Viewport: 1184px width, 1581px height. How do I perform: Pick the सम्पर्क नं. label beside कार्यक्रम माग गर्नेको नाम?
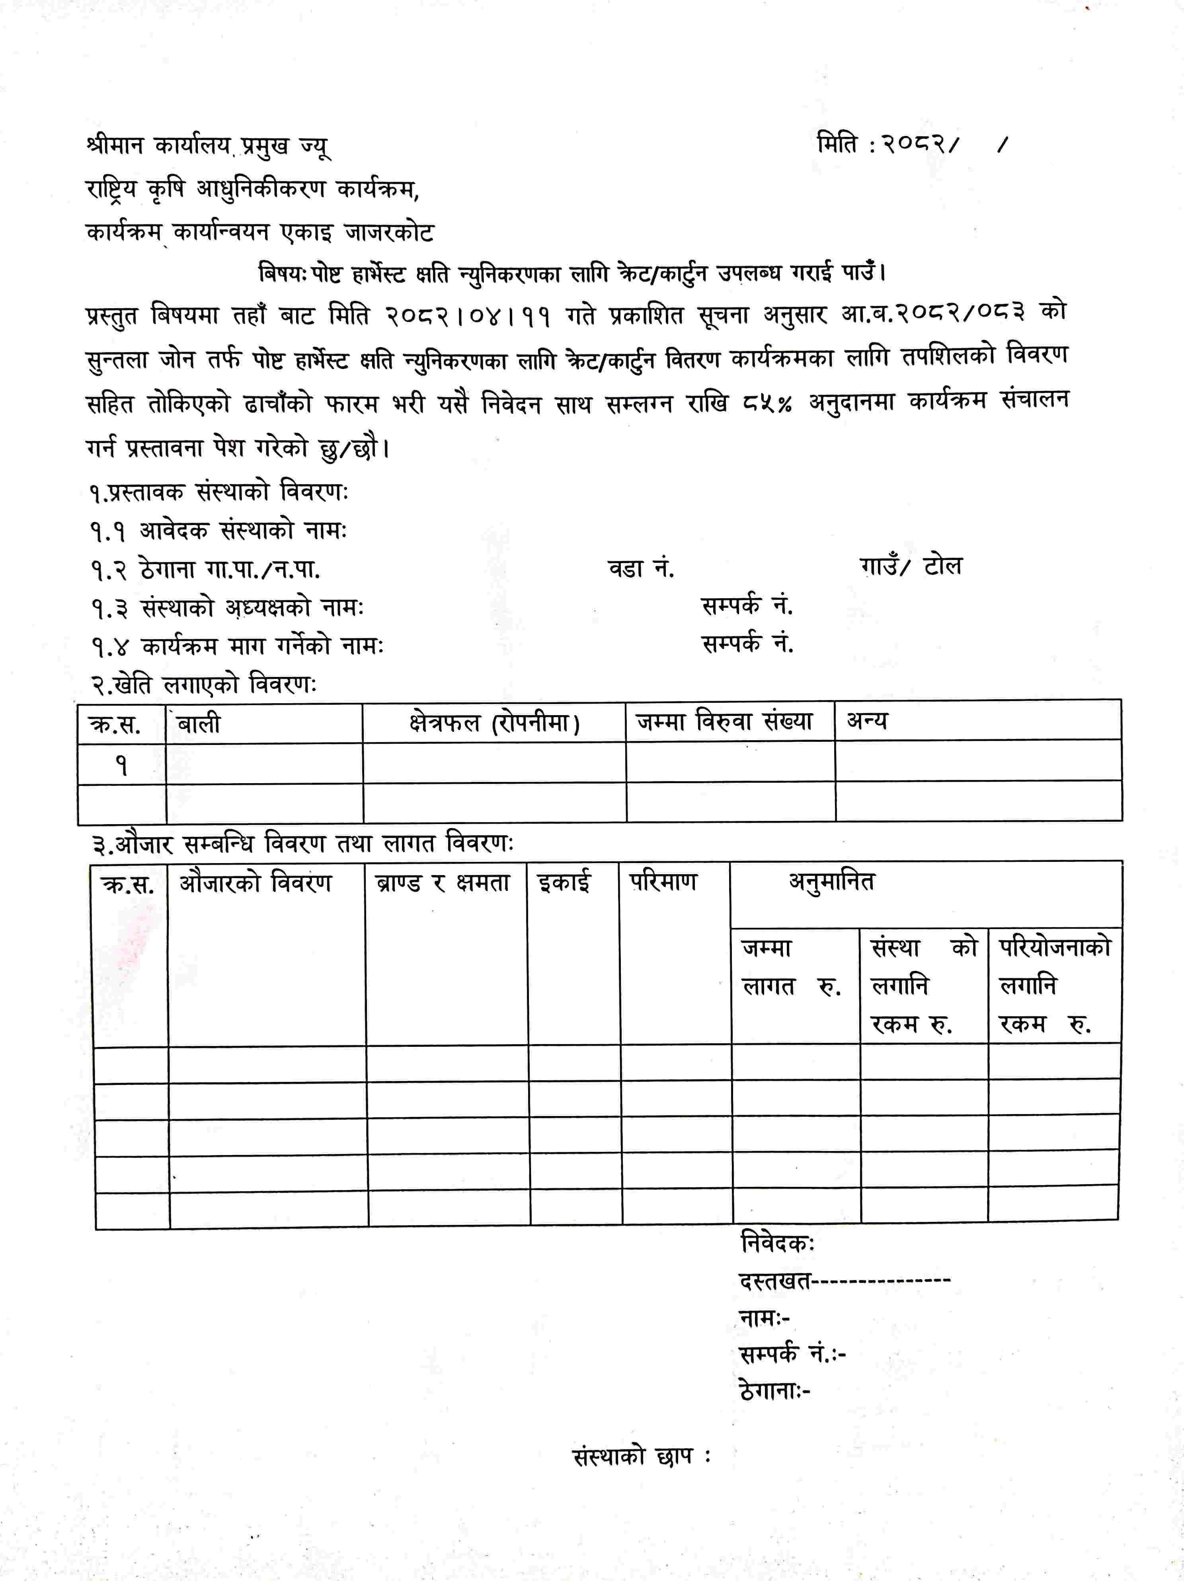[747, 645]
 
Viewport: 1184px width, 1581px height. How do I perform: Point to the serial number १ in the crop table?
[121, 766]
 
